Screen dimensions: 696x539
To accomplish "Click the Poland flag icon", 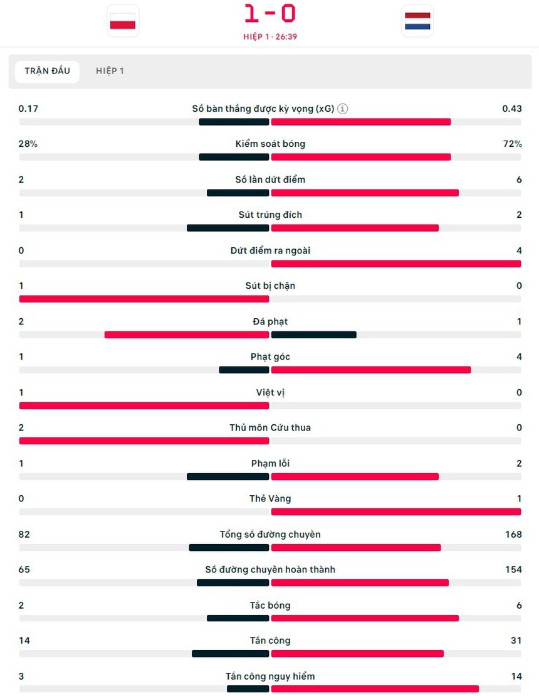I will pos(123,21).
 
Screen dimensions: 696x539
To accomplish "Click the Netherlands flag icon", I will pos(417,21).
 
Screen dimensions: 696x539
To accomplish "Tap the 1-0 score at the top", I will pos(270,14).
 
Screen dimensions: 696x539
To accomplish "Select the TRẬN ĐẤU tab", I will pos(47,71).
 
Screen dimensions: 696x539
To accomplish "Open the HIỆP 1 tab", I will pos(110,71).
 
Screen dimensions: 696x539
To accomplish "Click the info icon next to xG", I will pos(343,109).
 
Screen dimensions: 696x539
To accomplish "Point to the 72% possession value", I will pos(511,144).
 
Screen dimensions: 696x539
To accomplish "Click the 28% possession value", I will pos(28,144).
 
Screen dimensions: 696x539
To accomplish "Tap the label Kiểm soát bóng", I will pos(270,144).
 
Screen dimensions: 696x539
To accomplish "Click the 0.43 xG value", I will pos(511,109).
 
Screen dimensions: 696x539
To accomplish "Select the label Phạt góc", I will pos(270,356).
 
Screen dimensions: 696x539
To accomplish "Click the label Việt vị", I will pos(270,392).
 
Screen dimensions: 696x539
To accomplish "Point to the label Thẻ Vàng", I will pos(270,498).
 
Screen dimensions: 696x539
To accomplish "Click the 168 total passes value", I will pos(513,534).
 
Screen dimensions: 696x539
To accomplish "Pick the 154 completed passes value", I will pos(513,569).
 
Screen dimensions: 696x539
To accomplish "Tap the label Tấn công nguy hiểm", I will pos(270,676).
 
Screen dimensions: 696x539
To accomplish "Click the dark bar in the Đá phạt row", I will pos(313,335).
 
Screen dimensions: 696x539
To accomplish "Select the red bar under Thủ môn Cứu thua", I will pos(144,441).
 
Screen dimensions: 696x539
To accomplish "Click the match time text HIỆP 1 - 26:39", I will pos(270,36).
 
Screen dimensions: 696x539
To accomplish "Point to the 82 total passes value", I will pos(24,534).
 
